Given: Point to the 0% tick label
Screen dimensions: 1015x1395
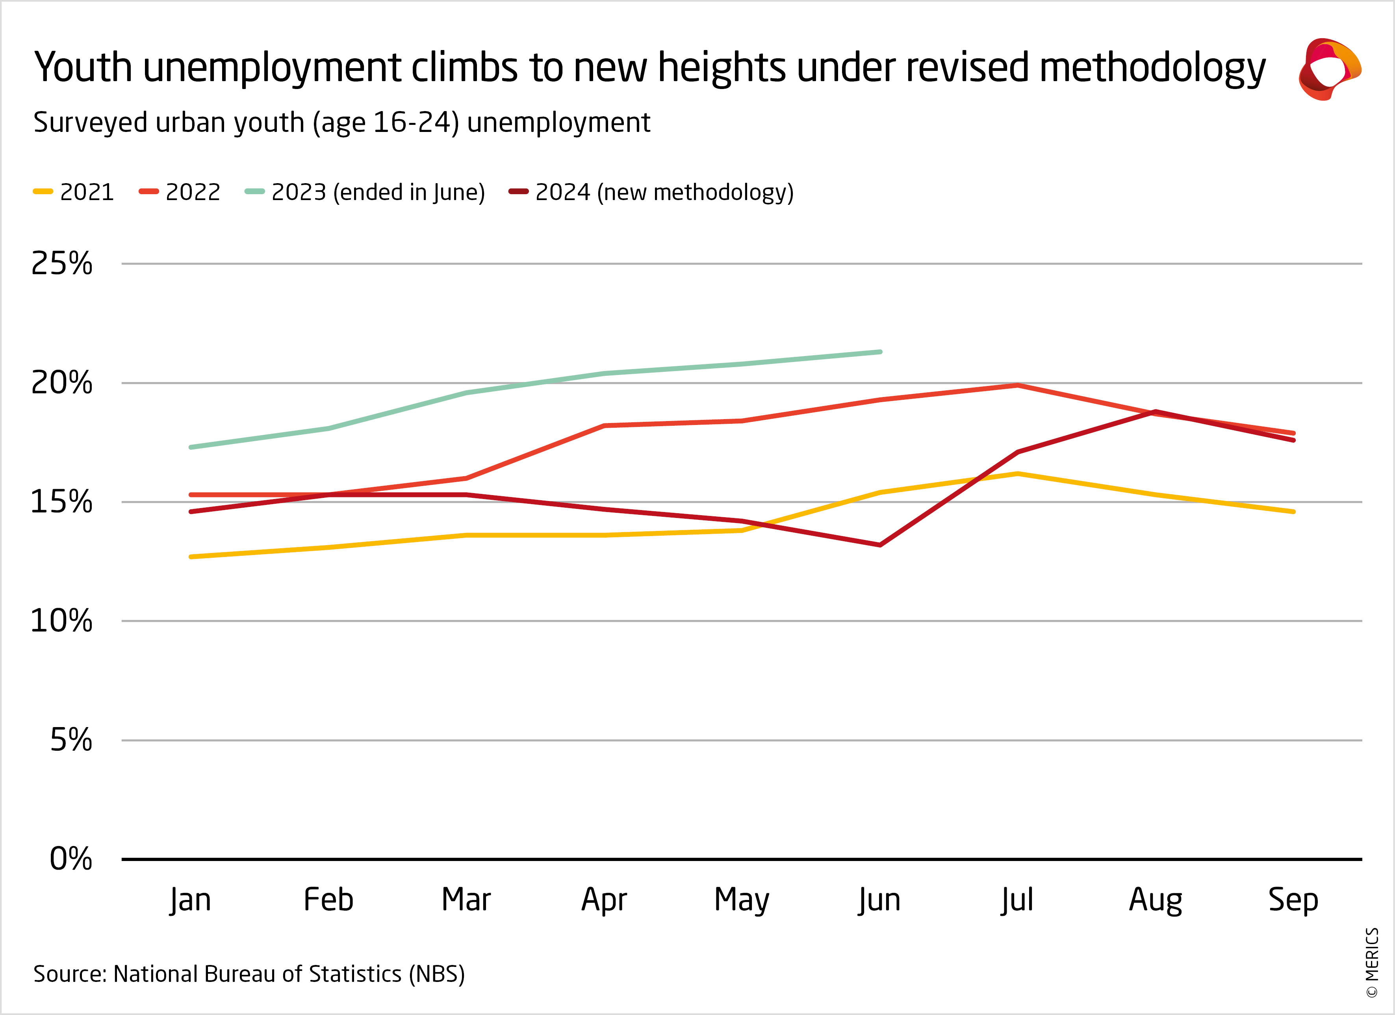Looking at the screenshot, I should coord(70,858).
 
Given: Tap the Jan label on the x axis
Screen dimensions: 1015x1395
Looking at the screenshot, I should coord(191,900).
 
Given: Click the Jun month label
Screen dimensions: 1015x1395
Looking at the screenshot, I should coord(879,900).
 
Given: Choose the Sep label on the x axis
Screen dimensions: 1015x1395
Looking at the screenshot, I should coord(1293,900).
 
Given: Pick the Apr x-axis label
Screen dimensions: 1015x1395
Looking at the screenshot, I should coord(604,900).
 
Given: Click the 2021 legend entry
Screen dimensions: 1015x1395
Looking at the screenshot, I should coord(74,192).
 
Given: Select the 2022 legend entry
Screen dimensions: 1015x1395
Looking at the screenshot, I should coord(180,192).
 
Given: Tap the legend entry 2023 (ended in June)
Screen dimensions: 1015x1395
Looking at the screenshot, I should coord(365,192).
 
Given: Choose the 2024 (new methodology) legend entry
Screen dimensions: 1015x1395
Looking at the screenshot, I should coord(651,192).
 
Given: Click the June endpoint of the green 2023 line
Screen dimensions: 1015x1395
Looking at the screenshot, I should coord(880,352).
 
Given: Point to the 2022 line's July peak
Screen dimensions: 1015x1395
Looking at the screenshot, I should coord(1018,385).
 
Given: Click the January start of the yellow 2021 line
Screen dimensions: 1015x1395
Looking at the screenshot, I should coord(191,557).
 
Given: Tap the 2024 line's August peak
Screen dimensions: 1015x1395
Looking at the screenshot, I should coord(1156,412).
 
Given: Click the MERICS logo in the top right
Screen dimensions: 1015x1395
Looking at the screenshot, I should coord(1329,69).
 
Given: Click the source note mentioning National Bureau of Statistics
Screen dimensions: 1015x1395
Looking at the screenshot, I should coord(249,974).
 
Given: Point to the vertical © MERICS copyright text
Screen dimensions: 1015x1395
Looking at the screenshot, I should coord(1372,962).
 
